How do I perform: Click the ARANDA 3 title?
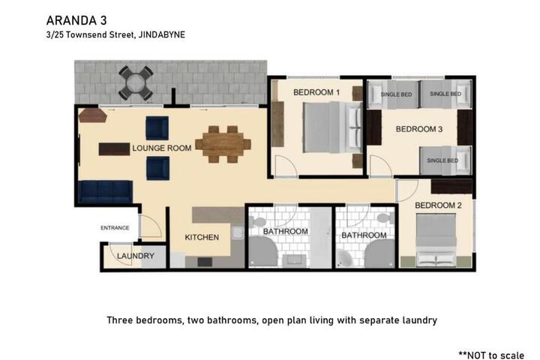pyautogui.click(x=76, y=21)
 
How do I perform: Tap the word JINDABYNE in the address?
pyautogui.click(x=161, y=34)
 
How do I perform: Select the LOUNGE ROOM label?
pyautogui.click(x=162, y=148)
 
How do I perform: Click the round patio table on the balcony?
pyautogui.click(x=136, y=83)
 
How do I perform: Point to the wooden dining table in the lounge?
pyautogui.click(x=223, y=144)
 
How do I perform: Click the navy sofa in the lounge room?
pyautogui.click(x=106, y=192)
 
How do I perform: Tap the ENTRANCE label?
pyautogui.click(x=115, y=228)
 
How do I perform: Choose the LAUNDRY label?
pyautogui.click(x=136, y=256)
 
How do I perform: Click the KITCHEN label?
pyautogui.click(x=202, y=237)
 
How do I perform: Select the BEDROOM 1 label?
pyautogui.click(x=316, y=92)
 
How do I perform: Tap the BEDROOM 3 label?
pyautogui.click(x=419, y=129)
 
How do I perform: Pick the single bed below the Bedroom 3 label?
pyautogui.click(x=445, y=160)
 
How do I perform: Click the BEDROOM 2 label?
pyautogui.click(x=438, y=205)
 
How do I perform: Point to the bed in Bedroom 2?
pyautogui.click(x=436, y=240)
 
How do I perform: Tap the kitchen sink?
pyautogui.click(x=238, y=233)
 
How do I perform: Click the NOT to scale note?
pyautogui.click(x=491, y=355)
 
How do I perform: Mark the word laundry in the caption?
pyautogui.click(x=419, y=320)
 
